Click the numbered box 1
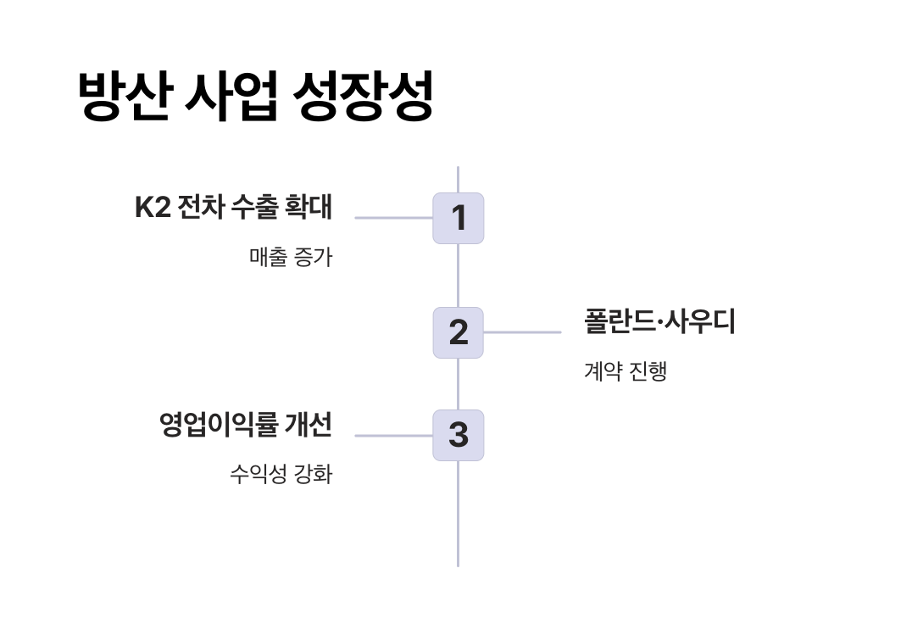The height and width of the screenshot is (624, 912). pos(459,218)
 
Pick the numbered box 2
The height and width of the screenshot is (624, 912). pos(459,332)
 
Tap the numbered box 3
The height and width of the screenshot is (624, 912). pos(459,435)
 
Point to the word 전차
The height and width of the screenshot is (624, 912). pos(200,208)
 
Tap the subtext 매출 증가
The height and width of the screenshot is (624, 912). pos(291,257)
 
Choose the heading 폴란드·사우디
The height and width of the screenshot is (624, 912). pos(659,322)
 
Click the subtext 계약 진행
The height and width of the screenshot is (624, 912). pos(626,371)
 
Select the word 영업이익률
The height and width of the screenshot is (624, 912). pos(219,425)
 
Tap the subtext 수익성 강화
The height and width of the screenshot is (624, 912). pos(281,474)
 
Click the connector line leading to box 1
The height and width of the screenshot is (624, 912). pos(393,218)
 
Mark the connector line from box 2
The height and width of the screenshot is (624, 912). pos(522,332)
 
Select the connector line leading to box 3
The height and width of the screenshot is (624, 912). pos(393,436)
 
